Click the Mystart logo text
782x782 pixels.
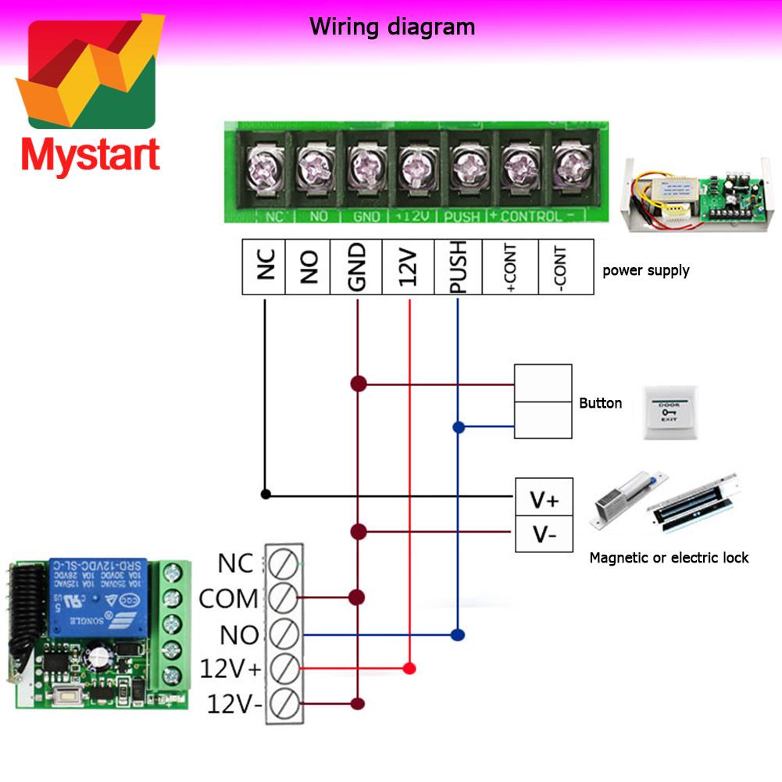(x=91, y=155)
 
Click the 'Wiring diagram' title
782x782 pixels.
(x=391, y=27)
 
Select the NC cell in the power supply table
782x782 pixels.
(x=264, y=267)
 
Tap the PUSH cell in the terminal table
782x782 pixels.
(x=458, y=267)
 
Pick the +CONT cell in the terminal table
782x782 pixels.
(x=511, y=267)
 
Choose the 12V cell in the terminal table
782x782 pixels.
(x=409, y=267)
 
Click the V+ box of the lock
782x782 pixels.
(x=544, y=498)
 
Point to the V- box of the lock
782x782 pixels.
(x=544, y=534)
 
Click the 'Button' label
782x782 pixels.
(x=600, y=403)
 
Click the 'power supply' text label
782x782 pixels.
(x=645, y=270)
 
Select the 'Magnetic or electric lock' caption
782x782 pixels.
(x=669, y=558)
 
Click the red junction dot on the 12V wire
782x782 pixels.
(x=409, y=669)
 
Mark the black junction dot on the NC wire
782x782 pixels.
(x=266, y=494)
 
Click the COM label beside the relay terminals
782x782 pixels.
(x=228, y=599)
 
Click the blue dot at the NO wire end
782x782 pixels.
(x=459, y=634)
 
